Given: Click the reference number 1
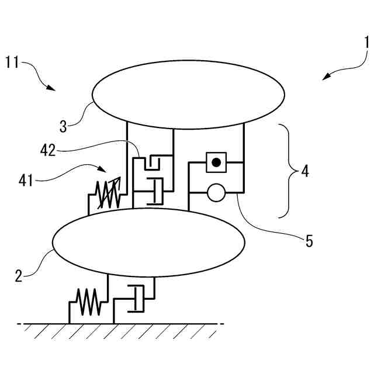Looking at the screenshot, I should point(366,42).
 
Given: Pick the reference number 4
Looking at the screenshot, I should point(304,172).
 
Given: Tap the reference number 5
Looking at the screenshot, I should point(308,240).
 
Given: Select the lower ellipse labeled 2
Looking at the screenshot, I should point(148,242).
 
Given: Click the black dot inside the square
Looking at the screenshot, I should point(216,162).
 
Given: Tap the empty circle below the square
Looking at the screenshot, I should point(216,193).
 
